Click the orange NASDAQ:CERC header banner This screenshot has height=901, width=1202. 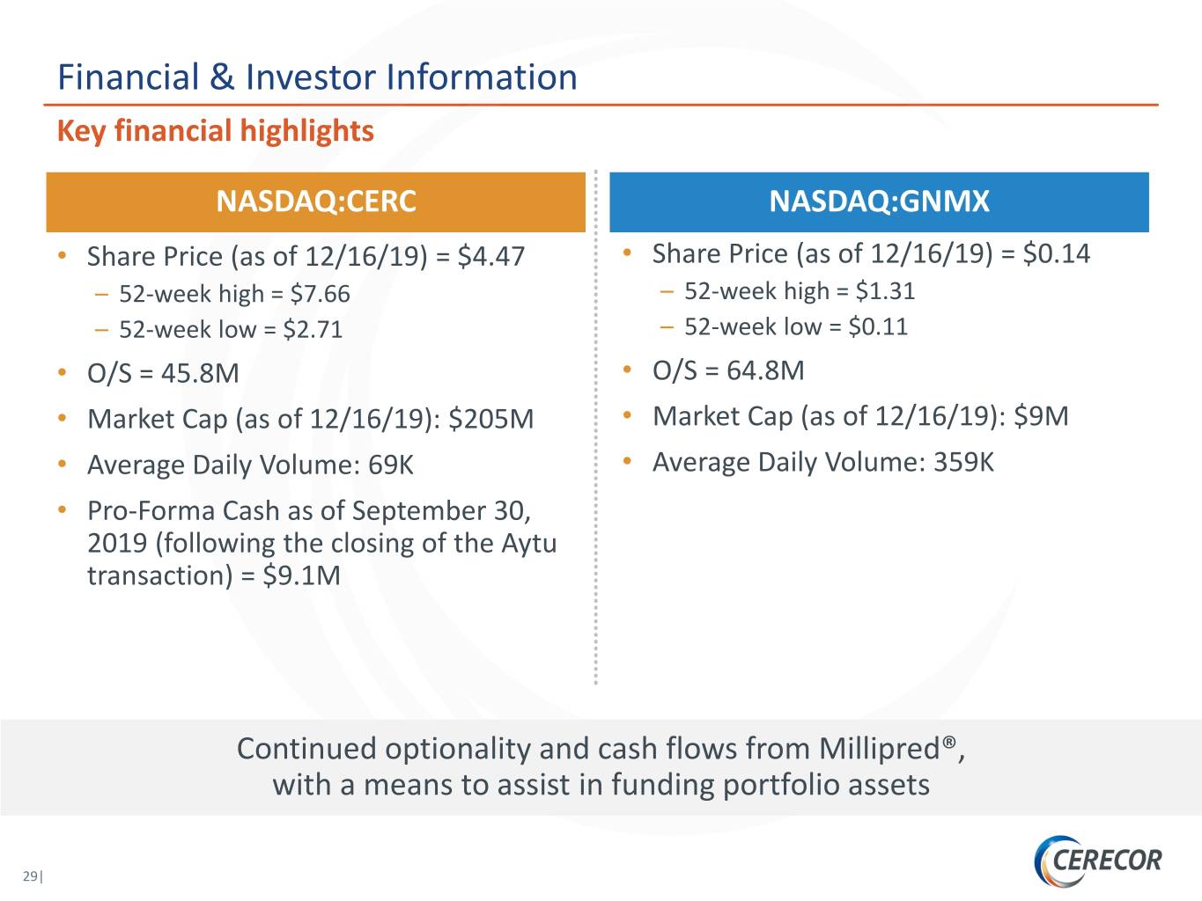pos(315,201)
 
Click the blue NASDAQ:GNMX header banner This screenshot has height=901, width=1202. pos(879,201)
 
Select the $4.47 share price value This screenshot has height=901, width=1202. pos(491,256)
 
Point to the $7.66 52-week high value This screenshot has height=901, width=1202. pos(320,294)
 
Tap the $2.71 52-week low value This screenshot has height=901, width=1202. pos(313,329)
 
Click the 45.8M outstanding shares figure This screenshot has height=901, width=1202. pos(200,373)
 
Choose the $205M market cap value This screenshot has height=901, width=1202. pos(490,419)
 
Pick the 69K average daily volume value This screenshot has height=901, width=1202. pos(390,465)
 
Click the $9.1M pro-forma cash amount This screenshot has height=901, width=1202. pos(301,575)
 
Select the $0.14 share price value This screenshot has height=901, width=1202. pos(1057,253)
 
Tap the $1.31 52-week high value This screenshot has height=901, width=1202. pos(885,291)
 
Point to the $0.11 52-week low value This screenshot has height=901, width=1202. pos(878,326)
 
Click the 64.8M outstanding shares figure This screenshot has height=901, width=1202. pos(765,370)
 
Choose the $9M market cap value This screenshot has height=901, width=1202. pos(1041,416)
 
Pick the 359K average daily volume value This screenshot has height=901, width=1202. pos(963,462)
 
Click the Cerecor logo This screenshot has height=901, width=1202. pos(1097,861)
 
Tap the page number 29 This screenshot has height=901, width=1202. pos(30,876)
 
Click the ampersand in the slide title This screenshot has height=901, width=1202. pos(222,77)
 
